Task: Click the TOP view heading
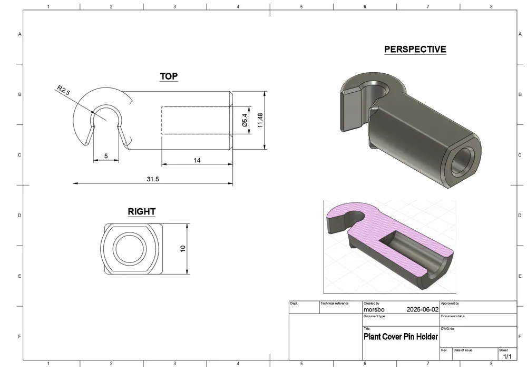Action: (x=169, y=76)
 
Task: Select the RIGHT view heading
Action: (x=141, y=212)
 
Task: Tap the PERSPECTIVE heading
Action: (x=415, y=50)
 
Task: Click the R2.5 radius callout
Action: (x=63, y=90)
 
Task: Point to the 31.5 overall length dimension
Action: (x=153, y=179)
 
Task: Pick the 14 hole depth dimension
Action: (x=197, y=160)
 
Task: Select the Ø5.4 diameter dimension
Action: (x=245, y=120)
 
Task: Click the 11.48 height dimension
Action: (x=260, y=120)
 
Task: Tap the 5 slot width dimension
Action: (x=106, y=156)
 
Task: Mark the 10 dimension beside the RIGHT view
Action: (x=183, y=249)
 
